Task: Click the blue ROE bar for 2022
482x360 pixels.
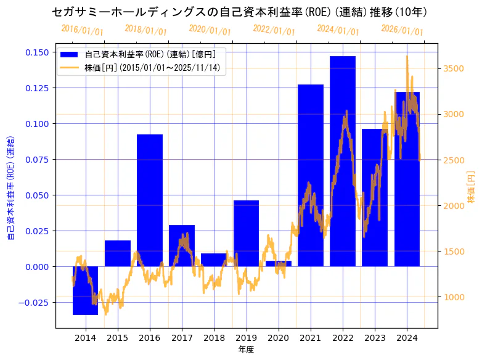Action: coord(343,161)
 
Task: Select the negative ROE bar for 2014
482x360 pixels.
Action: coord(85,290)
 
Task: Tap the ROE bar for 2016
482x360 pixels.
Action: coord(150,200)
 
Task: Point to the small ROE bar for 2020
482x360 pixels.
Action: coord(279,263)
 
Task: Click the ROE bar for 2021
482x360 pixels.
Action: coord(311,175)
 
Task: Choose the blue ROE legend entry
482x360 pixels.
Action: coord(142,54)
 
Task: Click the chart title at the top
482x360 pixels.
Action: coord(240,12)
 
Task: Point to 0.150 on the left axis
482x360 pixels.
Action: coord(38,52)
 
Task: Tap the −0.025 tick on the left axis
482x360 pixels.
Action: coord(35,302)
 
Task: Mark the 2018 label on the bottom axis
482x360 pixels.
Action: coord(214,337)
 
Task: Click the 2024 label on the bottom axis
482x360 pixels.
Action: coord(407,337)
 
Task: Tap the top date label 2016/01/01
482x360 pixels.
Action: coord(82,30)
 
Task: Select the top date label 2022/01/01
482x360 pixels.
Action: coord(274,30)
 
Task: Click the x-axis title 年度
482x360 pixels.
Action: coord(246,350)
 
